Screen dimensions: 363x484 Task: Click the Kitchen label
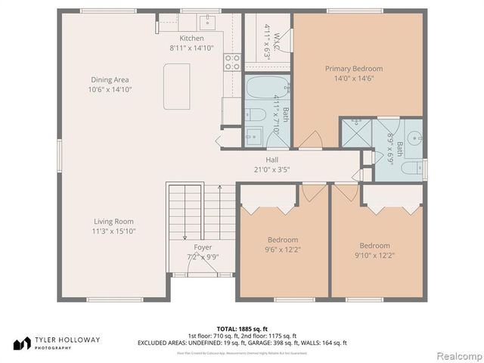point(191,39)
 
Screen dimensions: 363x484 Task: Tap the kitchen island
point(178,86)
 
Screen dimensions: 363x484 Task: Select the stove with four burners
point(231,62)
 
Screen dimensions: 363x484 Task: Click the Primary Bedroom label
point(353,69)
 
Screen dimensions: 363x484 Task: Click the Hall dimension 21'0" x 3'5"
point(272,169)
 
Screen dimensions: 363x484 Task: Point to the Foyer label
point(203,247)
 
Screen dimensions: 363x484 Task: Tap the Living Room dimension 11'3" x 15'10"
point(114,231)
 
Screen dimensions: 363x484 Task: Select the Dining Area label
point(110,79)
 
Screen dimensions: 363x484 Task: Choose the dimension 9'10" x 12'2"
point(374,255)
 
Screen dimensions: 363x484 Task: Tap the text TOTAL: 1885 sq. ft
point(241,329)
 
